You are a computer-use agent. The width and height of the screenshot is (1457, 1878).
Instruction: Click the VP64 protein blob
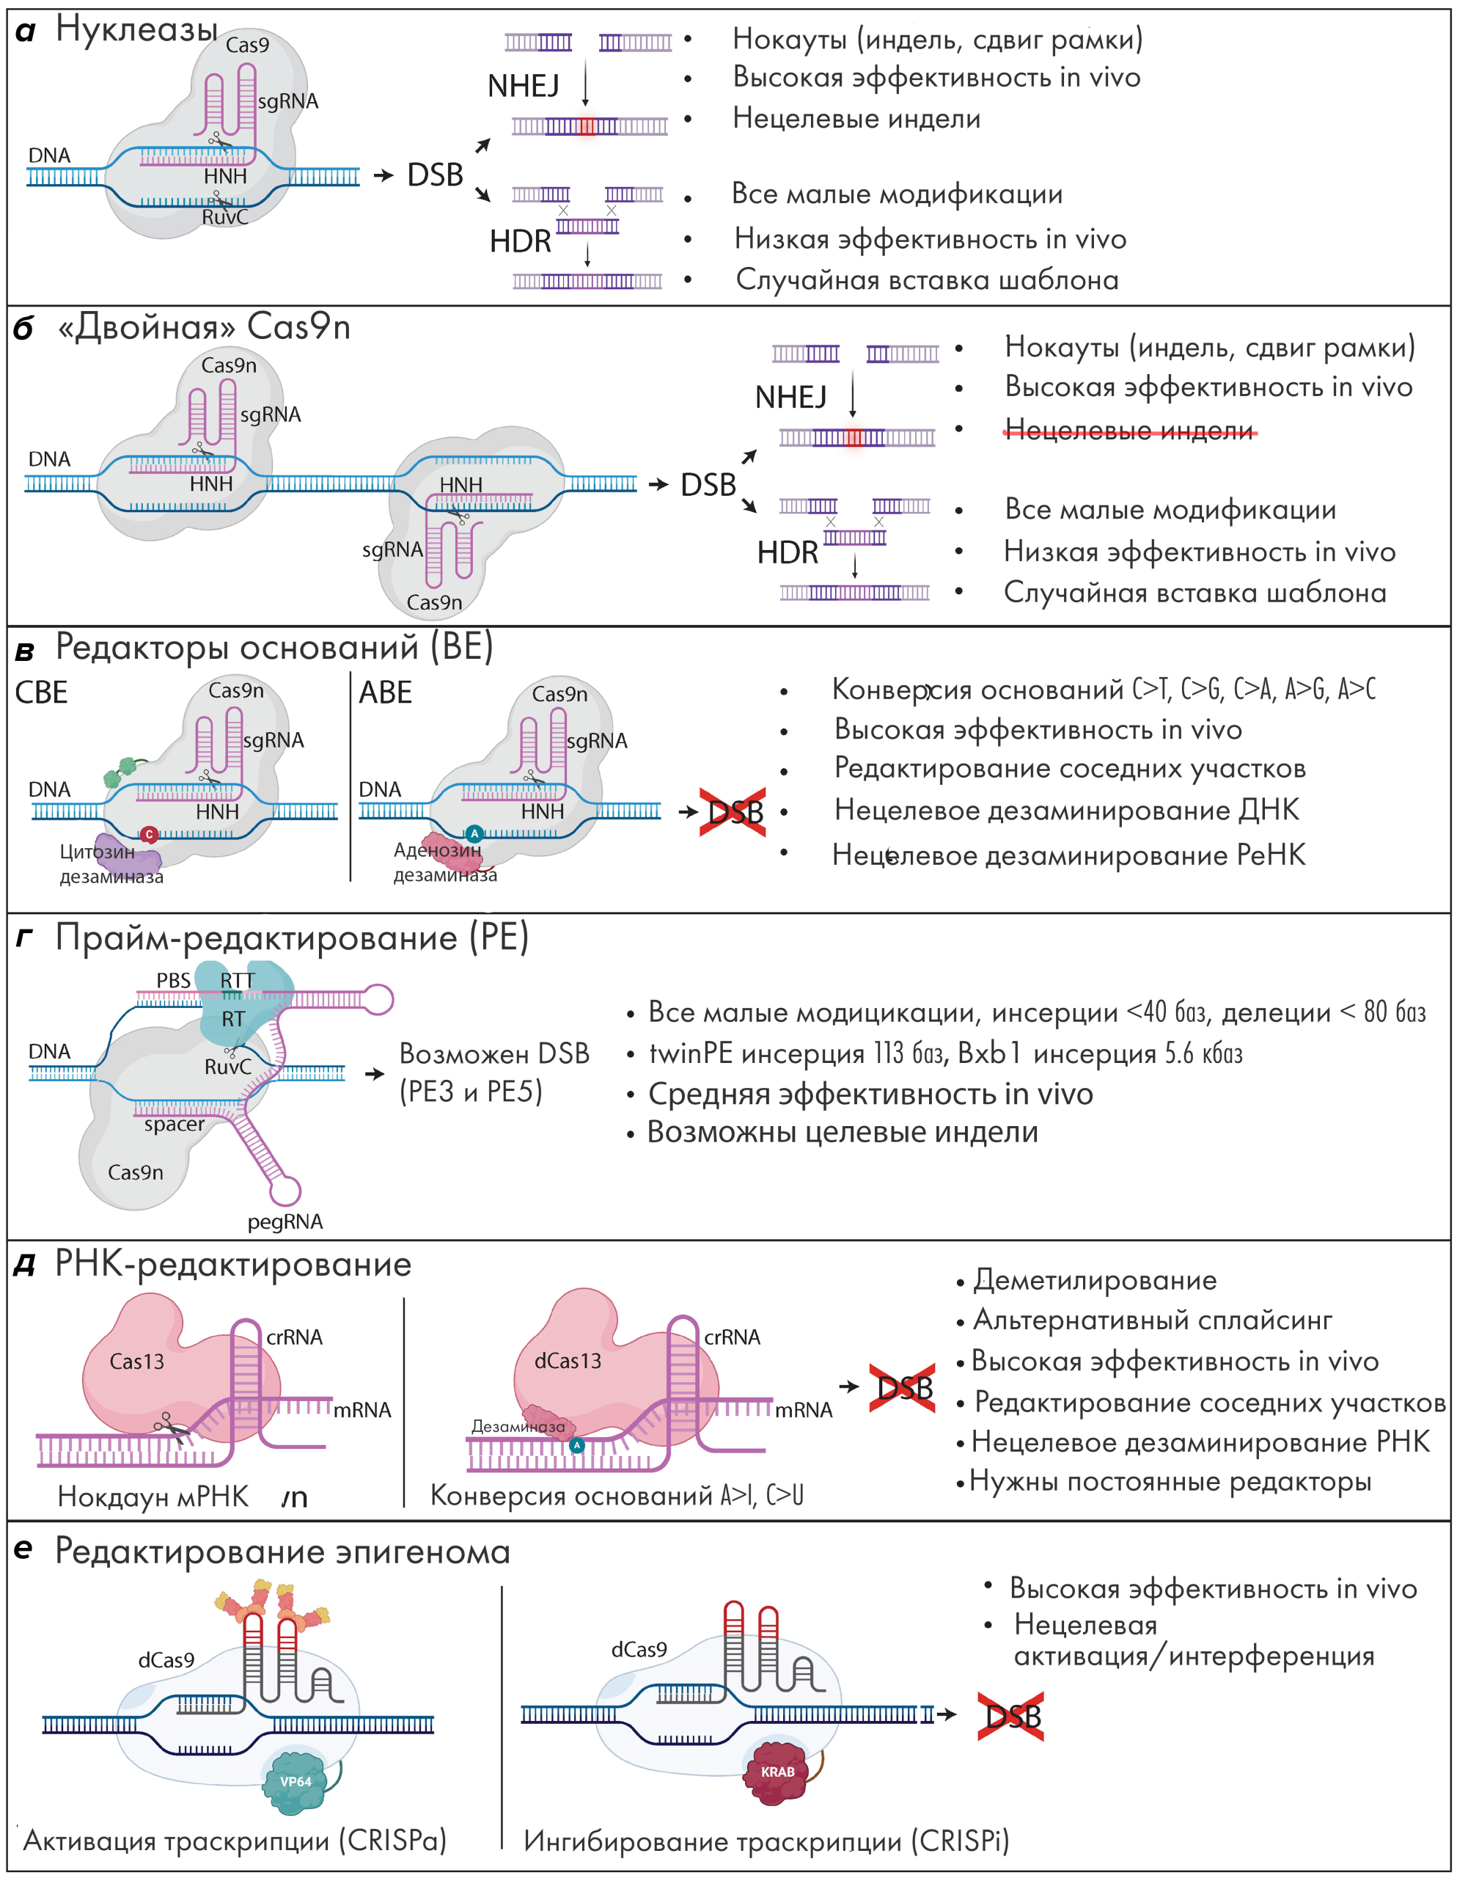point(295,1781)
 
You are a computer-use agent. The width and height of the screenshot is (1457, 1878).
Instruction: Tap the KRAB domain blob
point(778,1772)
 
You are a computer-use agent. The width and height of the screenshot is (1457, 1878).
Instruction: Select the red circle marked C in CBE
point(149,834)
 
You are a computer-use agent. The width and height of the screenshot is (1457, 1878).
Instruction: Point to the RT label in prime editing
point(233,1019)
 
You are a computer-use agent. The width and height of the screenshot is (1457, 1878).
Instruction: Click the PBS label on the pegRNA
point(173,980)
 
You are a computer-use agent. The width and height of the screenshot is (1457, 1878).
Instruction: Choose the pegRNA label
point(285,1222)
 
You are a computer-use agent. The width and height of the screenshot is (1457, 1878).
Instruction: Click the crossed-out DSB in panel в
point(735,812)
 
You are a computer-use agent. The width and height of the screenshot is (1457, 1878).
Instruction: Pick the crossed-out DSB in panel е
point(1012,1717)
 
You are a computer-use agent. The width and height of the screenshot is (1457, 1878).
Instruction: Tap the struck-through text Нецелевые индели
point(1128,430)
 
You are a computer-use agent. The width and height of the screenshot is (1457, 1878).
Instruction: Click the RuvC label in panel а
point(224,218)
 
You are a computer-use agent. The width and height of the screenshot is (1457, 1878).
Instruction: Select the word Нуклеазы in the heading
point(136,30)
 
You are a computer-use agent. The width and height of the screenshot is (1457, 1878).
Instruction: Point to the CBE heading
point(41,693)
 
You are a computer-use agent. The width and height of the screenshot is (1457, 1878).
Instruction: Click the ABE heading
point(385,693)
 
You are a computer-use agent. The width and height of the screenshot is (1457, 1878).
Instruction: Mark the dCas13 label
point(568,1362)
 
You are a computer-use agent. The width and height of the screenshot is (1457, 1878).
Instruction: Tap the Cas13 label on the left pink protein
point(136,1362)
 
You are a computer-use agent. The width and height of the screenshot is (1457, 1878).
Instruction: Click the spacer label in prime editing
point(175,1125)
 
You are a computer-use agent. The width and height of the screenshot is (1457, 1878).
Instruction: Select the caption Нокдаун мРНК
point(153,1497)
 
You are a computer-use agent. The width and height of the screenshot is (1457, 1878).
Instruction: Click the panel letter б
point(24,329)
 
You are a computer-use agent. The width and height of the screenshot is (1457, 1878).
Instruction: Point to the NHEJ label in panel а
point(523,86)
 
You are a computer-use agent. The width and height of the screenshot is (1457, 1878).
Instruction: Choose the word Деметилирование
point(1094,1280)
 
